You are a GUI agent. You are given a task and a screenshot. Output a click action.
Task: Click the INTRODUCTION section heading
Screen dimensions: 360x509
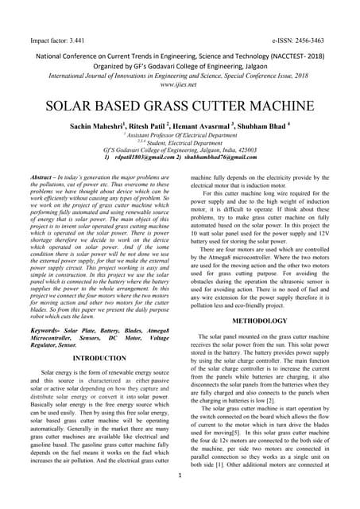click(94, 359)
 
